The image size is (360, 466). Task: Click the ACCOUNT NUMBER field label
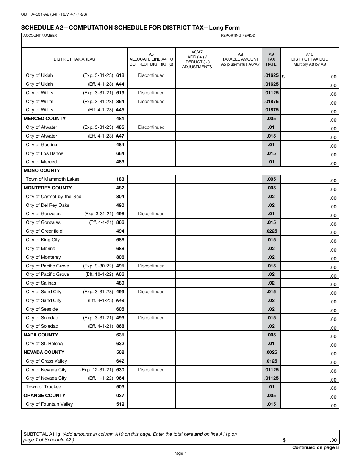[40, 36]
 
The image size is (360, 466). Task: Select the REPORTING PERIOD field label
[238, 36]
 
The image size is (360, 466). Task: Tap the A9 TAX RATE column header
[271, 59]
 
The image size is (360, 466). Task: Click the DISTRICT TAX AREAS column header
[74, 59]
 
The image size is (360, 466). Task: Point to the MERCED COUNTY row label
[45, 119]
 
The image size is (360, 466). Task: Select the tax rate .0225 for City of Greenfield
[271, 231]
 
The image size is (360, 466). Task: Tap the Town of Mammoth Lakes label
[53, 179]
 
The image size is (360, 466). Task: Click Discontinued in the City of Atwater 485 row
[151, 127]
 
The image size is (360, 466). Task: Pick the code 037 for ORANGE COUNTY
[120, 396]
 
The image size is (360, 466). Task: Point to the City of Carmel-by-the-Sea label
[53, 197]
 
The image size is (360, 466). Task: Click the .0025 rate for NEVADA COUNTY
[271, 352]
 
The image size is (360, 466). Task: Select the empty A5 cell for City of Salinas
[151, 283]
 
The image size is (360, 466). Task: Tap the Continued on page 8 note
[315, 447]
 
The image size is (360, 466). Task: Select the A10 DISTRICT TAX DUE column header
[309, 59]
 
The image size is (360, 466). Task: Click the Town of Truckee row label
[43, 387]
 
